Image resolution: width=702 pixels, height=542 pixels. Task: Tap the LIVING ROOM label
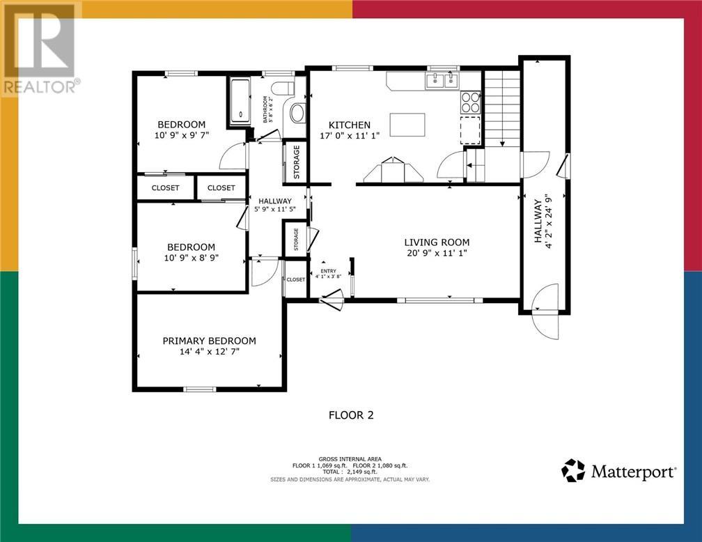[x=437, y=242]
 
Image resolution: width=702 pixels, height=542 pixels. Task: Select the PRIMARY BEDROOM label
[x=209, y=341]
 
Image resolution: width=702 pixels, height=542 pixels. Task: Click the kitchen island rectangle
[x=407, y=125]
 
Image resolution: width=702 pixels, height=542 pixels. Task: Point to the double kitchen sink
[x=442, y=82]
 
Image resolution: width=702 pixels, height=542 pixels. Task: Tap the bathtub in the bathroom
[x=239, y=101]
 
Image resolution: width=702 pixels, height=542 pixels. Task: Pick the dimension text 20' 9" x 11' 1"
[x=437, y=254]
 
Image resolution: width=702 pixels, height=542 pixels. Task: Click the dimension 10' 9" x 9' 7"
[x=180, y=136]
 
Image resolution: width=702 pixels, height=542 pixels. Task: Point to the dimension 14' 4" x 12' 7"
[x=209, y=353]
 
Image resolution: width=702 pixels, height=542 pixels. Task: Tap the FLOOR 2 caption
[x=351, y=415]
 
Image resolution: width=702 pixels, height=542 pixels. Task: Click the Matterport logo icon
[x=573, y=471]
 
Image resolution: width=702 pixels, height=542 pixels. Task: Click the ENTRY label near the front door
[x=327, y=272]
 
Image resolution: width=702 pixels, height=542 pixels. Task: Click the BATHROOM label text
[x=265, y=109]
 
